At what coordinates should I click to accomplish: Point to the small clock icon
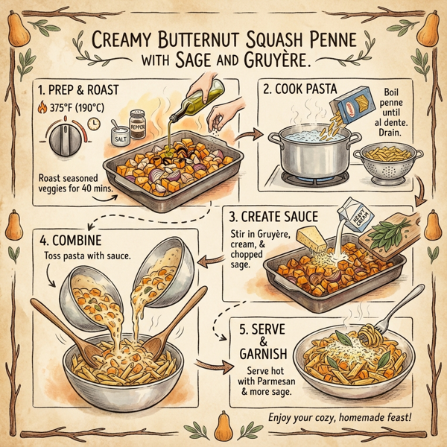pos(95,123)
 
